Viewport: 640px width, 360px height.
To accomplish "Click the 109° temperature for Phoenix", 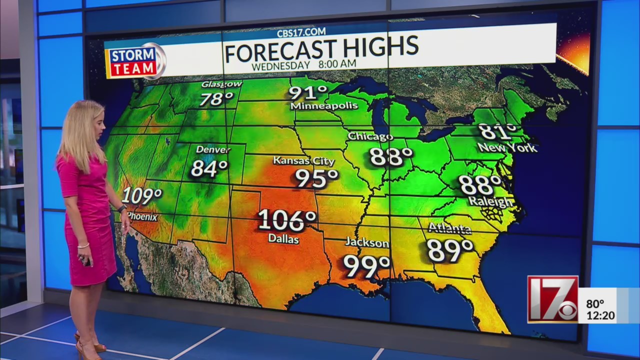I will tap(141, 195).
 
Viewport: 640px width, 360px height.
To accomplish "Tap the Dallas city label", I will tap(283, 239).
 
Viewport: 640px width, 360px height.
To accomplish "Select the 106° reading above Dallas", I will tap(287, 220).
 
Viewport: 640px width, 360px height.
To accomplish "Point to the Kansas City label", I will tap(303, 161).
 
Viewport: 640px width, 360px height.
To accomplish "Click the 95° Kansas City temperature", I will tap(316, 178).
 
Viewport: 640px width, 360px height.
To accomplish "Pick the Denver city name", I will tap(213, 149).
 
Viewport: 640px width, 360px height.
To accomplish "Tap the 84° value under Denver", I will tap(209, 168).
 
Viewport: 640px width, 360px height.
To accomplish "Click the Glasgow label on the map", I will tap(221, 84).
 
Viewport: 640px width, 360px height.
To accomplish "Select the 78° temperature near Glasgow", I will tap(216, 98).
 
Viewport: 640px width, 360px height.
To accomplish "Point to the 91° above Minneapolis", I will tap(307, 93).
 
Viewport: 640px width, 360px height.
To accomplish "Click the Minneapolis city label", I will tap(324, 106).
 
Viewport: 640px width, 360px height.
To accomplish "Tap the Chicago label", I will tap(370, 136).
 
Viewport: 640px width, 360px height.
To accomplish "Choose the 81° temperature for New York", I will tap(497, 131).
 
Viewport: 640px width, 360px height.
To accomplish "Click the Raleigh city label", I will tap(490, 201).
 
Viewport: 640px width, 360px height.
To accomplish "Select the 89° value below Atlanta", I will tap(450, 250).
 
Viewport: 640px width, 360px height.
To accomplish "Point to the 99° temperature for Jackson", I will tap(366, 266).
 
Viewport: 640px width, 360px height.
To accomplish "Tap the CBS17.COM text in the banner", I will tap(301, 32).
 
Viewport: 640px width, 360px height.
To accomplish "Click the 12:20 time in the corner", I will tap(601, 316).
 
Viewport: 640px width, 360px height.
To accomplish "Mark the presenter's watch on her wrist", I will tap(121, 209).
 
